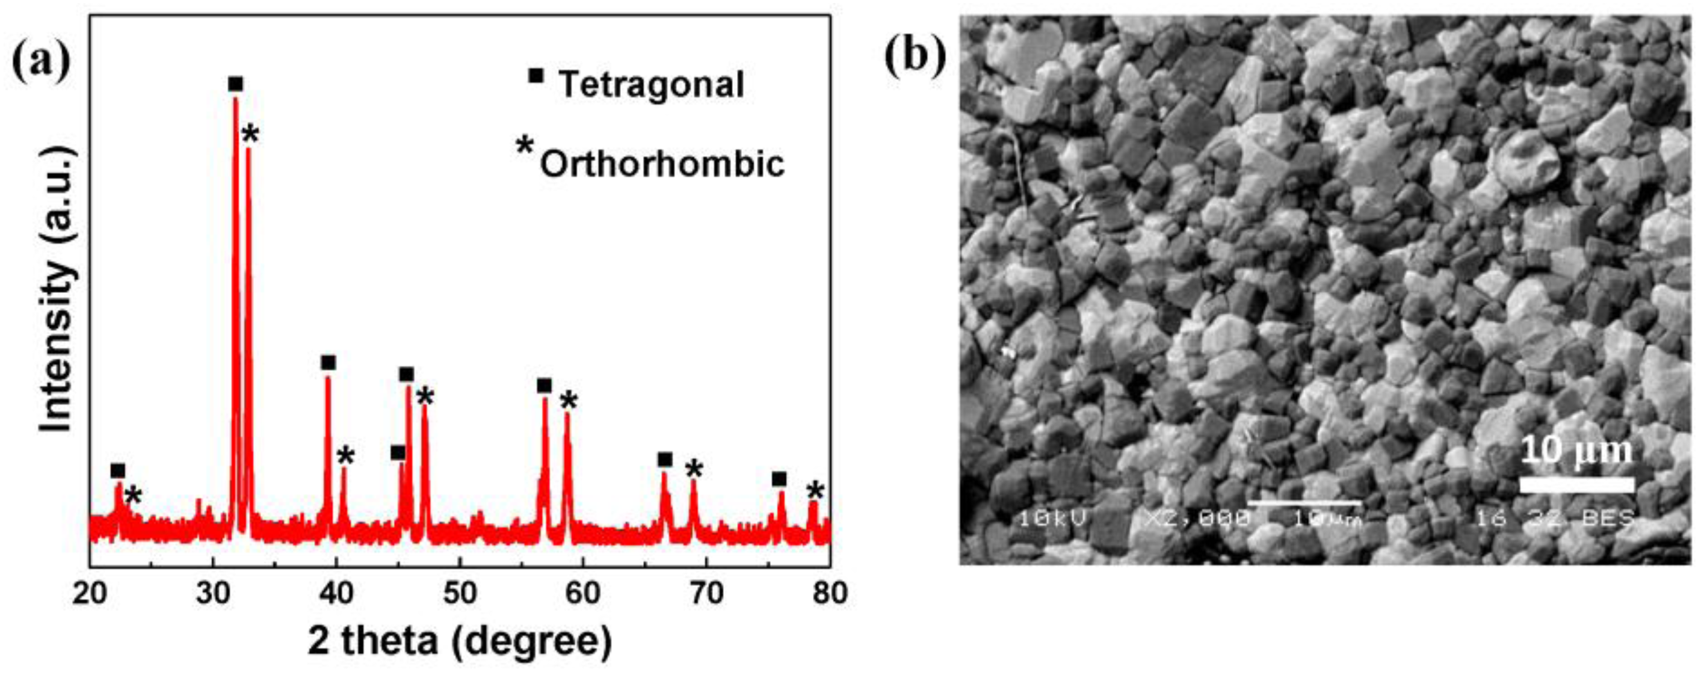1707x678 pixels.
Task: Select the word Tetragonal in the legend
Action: click(652, 85)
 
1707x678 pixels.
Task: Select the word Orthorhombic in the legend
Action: click(662, 163)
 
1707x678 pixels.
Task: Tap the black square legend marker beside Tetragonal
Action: click(536, 76)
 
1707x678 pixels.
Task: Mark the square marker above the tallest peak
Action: click(235, 84)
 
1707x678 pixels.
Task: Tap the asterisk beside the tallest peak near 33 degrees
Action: click(250, 135)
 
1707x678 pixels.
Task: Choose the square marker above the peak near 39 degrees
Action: click(328, 363)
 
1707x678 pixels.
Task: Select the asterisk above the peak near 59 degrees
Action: click(569, 399)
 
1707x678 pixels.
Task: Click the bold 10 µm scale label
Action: click(1576, 451)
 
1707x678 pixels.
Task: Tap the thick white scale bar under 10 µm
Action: click(1576, 484)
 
